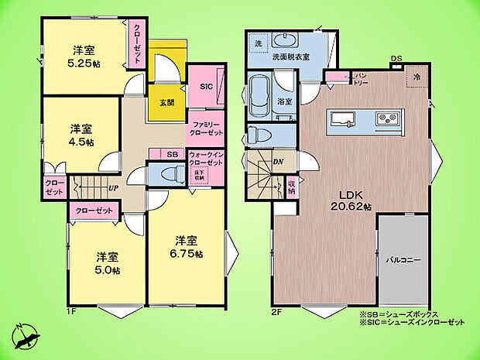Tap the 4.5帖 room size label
tap(81, 142)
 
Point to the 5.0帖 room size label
tap(108, 270)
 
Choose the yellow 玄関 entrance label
tap(167, 103)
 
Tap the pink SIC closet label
tap(207, 87)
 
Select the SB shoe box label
tap(172, 153)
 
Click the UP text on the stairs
tap(113, 188)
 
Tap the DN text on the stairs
tap(278, 162)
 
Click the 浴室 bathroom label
tap(285, 101)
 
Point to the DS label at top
tap(396, 58)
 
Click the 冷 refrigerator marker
tap(417, 77)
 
